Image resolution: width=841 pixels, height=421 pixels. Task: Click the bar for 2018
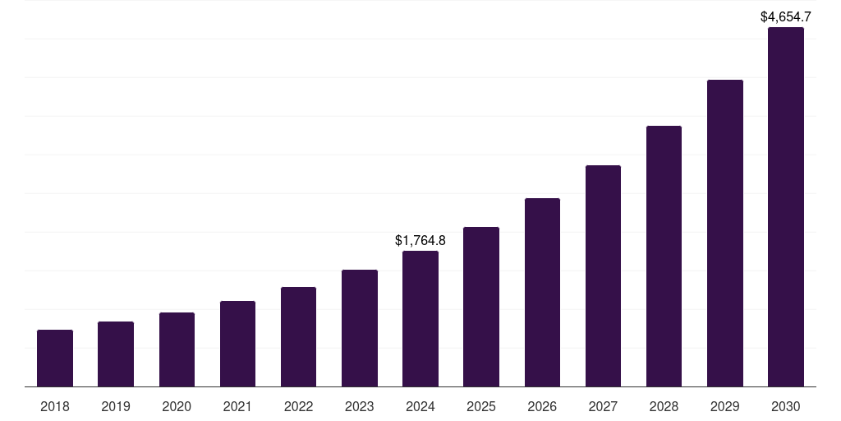[55, 359]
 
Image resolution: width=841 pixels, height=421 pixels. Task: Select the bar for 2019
[116, 354]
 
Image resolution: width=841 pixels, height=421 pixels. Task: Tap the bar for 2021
[237, 344]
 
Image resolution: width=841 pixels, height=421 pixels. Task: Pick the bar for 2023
[360, 328]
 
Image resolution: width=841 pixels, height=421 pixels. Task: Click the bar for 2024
[420, 319]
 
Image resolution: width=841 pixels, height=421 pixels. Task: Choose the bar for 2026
[542, 293]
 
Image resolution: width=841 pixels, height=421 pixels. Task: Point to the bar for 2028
[664, 257]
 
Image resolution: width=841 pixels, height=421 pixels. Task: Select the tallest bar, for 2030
[786, 207]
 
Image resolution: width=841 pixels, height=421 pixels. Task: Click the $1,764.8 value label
[420, 241]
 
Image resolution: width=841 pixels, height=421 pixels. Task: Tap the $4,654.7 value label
[786, 16]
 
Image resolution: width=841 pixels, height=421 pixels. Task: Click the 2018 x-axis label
[55, 407]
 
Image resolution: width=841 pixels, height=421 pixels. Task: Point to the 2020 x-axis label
[177, 407]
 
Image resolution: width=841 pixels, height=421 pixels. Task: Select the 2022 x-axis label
[298, 407]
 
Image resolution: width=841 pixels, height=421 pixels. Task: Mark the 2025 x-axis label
[481, 407]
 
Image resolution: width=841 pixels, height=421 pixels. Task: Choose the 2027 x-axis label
[603, 407]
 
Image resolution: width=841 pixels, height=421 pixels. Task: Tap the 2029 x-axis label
[725, 407]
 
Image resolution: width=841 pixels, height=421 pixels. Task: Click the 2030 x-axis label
[786, 407]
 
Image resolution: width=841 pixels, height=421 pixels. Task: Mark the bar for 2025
[481, 307]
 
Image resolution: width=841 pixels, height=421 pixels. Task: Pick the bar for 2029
[725, 234]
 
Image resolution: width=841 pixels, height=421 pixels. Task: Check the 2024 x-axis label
[420, 407]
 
